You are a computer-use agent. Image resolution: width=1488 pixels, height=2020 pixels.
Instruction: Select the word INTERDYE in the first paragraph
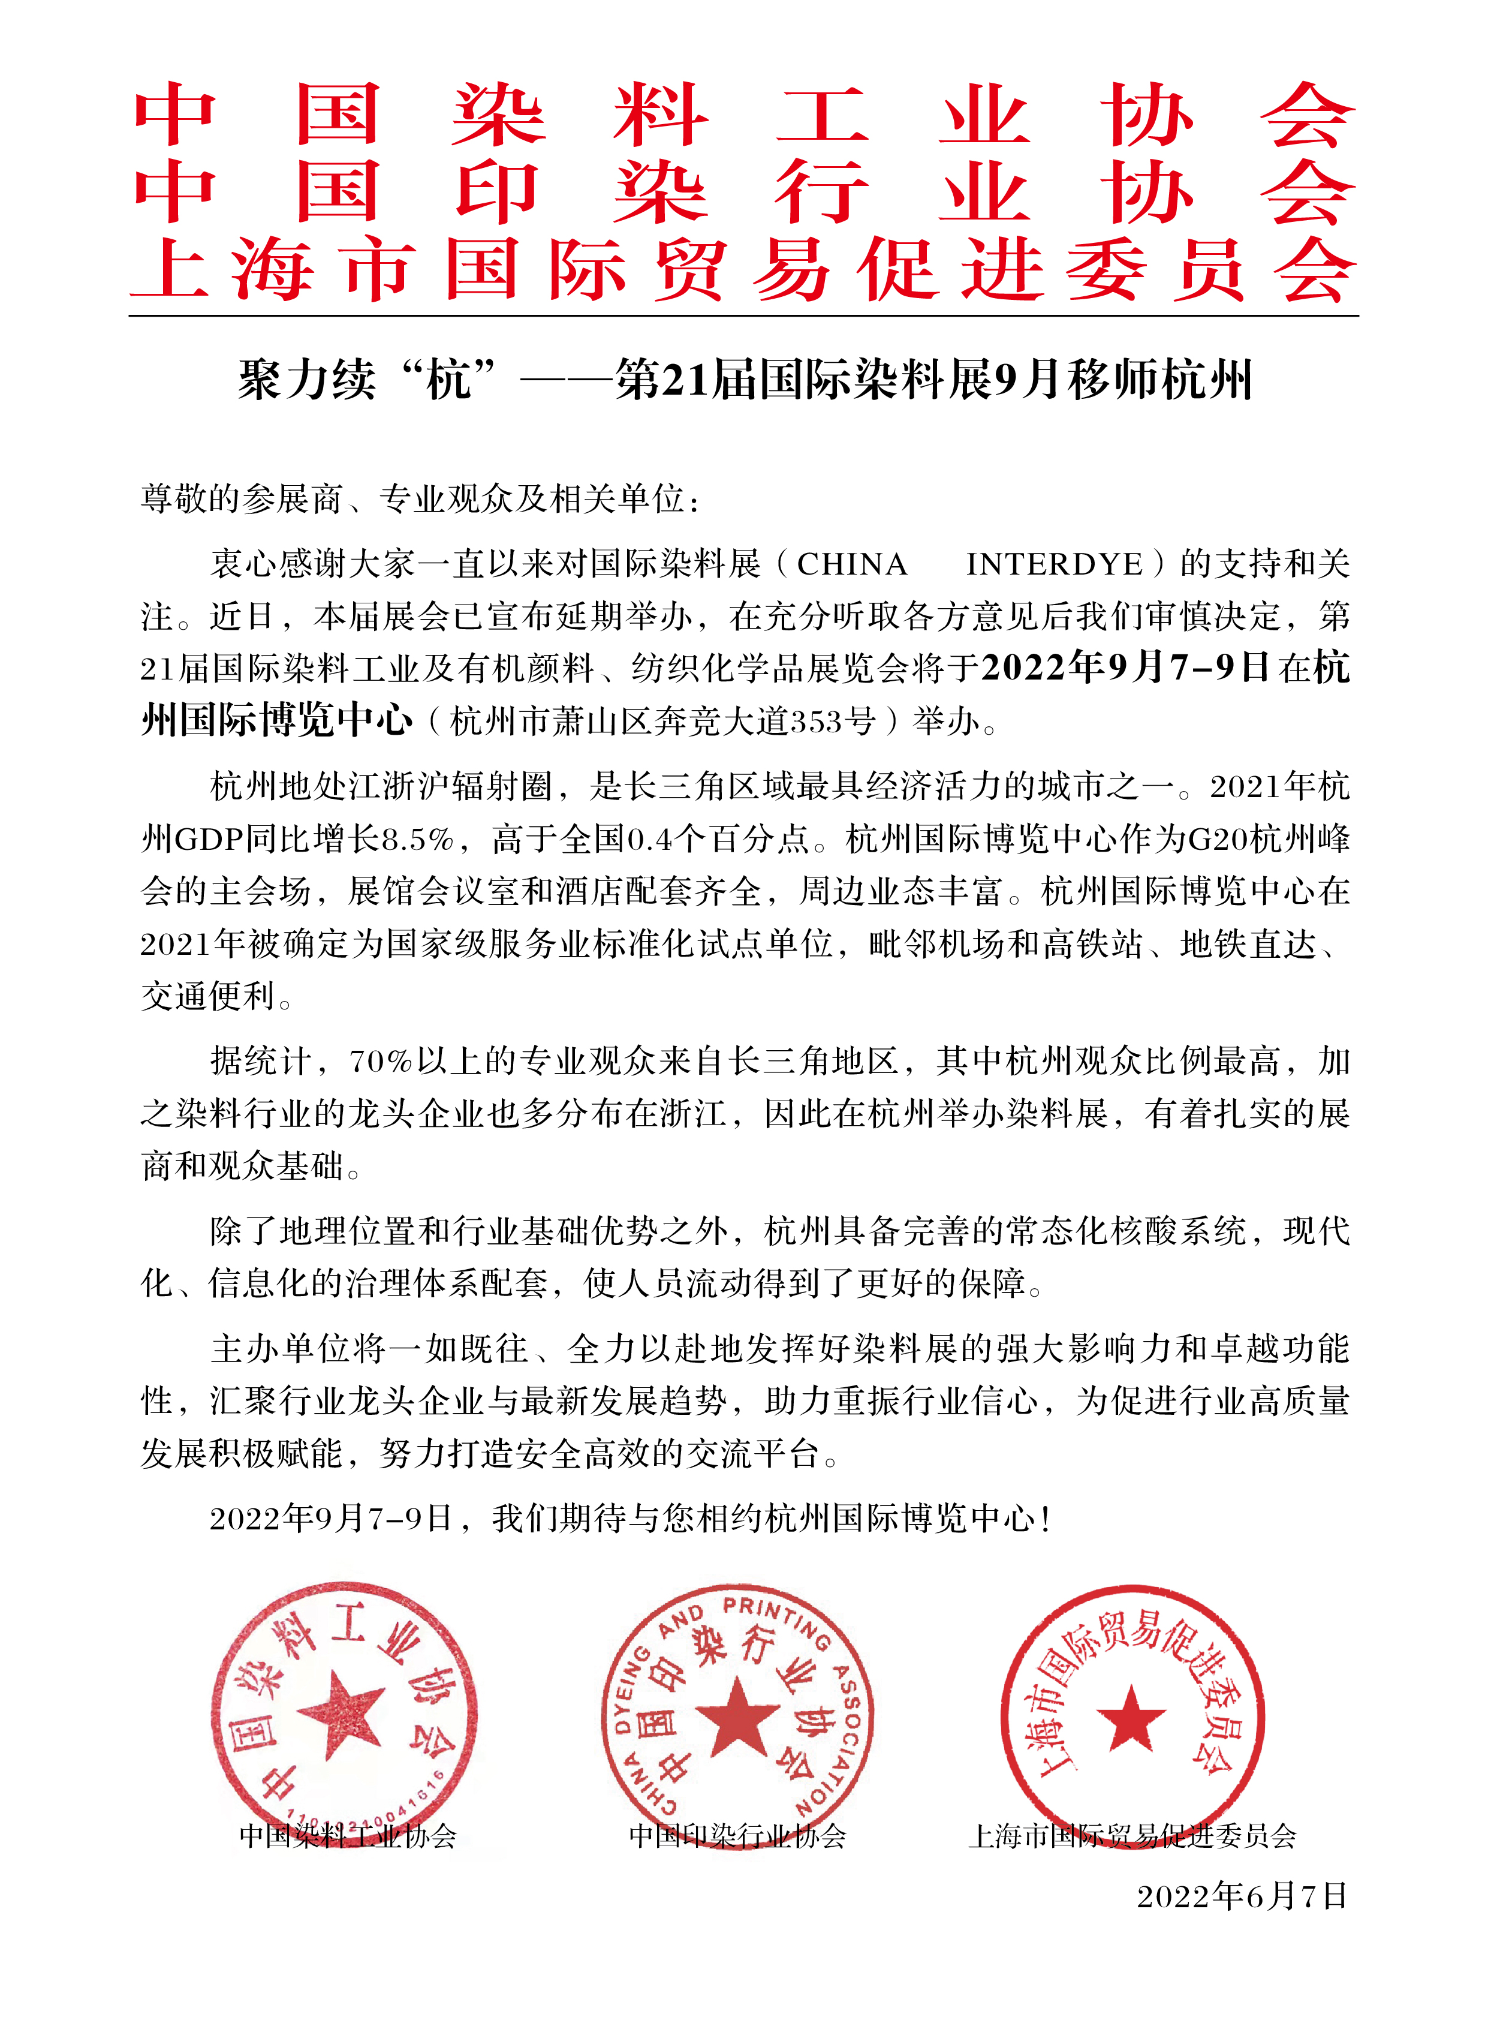pyautogui.click(x=1055, y=565)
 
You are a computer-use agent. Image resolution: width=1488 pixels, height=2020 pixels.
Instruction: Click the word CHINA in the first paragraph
pyautogui.click(x=851, y=565)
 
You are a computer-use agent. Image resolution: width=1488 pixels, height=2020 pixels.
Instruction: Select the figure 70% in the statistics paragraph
pyautogui.click(x=379, y=1062)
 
